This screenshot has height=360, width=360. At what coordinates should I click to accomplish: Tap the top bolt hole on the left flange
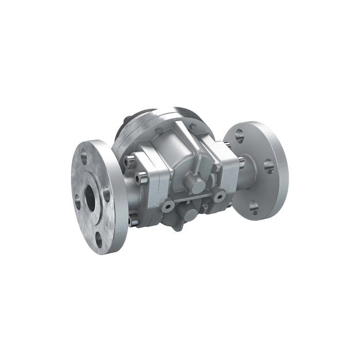(84, 154)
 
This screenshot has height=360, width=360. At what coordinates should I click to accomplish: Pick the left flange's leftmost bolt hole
(78, 201)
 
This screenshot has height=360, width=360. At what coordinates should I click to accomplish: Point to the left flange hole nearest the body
(106, 194)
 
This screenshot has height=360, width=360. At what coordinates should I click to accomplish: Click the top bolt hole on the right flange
(239, 136)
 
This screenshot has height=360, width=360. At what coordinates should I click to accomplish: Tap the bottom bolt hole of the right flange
(254, 207)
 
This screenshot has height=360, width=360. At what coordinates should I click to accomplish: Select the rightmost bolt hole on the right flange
(269, 166)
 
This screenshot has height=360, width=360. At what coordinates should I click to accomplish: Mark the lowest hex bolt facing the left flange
(133, 220)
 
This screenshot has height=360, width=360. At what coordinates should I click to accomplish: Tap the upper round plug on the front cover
(193, 183)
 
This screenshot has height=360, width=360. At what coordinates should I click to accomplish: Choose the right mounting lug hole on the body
(220, 196)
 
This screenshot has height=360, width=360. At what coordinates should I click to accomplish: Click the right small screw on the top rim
(192, 125)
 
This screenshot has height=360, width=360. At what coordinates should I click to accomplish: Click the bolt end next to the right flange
(241, 164)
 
